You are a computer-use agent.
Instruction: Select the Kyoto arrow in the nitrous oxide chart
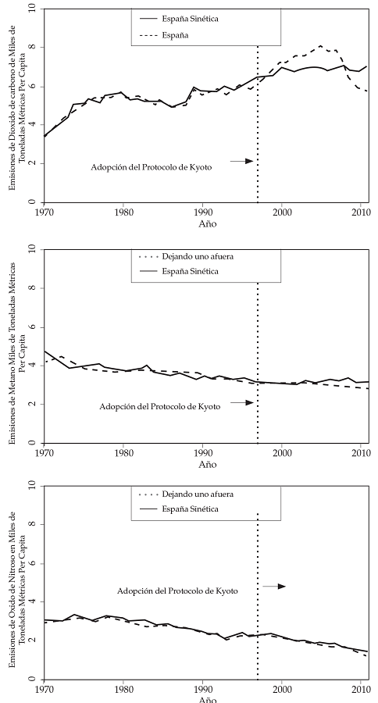click(x=276, y=586)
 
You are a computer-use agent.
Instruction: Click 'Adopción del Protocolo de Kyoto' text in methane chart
click(x=160, y=407)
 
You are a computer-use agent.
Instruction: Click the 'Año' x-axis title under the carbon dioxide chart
click(x=207, y=223)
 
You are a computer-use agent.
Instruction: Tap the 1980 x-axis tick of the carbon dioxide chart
click(x=123, y=212)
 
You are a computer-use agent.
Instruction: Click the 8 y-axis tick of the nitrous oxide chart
click(x=32, y=524)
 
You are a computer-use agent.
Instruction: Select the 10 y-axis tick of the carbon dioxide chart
click(x=32, y=9)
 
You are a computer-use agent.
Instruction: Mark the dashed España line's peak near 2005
click(x=321, y=46)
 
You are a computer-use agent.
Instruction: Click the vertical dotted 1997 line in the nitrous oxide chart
click(x=258, y=594)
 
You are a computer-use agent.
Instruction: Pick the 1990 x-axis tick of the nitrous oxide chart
click(x=203, y=690)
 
